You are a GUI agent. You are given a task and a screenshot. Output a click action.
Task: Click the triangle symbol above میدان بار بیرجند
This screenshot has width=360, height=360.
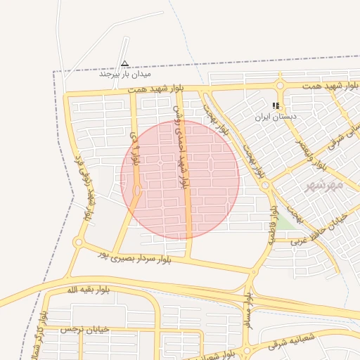click(125, 63)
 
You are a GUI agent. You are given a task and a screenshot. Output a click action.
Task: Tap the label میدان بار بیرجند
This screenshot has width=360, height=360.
click(125, 73)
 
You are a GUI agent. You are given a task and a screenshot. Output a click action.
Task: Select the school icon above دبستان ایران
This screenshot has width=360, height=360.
click(276, 105)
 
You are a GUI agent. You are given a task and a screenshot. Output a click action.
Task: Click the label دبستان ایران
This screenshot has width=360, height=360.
click(276, 116)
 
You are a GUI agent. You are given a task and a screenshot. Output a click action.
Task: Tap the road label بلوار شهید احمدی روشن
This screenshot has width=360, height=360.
click(181, 144)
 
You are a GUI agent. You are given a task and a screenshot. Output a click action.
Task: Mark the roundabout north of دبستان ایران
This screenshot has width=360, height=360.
click(280, 86)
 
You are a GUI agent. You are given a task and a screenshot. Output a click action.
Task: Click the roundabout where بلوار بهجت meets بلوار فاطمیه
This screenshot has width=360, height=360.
click(266, 186)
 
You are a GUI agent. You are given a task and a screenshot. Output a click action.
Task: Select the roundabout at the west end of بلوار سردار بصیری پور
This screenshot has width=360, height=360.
click(78, 243)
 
